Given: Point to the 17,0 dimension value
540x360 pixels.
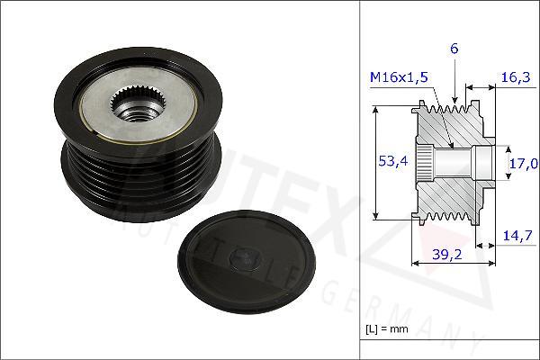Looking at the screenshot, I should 524,164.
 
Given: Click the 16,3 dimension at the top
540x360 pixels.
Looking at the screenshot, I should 514,78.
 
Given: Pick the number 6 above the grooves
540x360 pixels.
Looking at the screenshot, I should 454,49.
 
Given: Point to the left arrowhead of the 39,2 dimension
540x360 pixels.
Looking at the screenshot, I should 415,264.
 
